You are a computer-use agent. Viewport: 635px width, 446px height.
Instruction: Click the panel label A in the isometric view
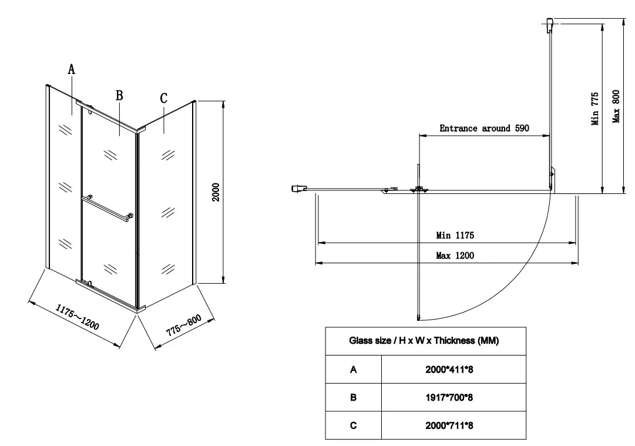tap(71, 69)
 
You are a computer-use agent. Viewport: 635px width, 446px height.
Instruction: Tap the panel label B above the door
tap(119, 95)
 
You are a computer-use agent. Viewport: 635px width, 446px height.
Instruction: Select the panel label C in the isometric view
tap(164, 98)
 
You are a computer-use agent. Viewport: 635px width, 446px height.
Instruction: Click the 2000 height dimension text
tap(216, 192)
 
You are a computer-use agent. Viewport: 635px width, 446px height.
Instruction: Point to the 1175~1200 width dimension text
tap(78, 317)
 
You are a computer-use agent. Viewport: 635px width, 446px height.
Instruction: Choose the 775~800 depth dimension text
tap(183, 326)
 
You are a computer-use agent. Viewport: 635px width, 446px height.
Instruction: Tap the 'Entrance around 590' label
tap(485, 129)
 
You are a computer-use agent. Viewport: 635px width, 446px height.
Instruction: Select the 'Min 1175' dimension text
tap(455, 236)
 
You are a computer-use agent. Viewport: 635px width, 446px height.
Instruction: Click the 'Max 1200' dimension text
tap(455, 256)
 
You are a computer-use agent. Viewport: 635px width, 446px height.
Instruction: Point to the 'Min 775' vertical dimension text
tap(594, 109)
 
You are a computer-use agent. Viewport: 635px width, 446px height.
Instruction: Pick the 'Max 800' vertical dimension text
tap(616, 106)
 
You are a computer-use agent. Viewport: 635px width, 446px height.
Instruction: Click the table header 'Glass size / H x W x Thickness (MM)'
tap(424, 341)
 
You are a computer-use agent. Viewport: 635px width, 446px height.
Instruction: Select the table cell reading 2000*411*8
tap(449, 370)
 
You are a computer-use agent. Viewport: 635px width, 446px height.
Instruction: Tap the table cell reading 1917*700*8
tap(449, 397)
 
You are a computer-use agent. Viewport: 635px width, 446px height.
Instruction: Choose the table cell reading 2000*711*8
tap(449, 425)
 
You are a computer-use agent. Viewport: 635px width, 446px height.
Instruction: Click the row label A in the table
tap(354, 370)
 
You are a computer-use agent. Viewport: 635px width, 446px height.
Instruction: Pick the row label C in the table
tap(354, 425)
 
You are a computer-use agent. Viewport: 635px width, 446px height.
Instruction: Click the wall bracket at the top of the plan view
tap(550, 25)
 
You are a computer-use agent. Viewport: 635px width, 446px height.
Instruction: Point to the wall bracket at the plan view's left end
tap(299, 189)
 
